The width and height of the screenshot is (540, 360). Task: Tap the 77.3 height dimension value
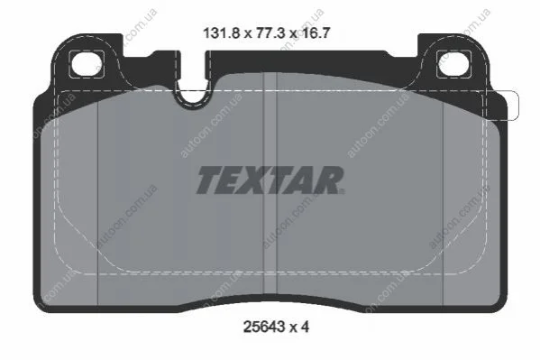click(270, 33)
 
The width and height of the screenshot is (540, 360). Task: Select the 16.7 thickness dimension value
click(316, 33)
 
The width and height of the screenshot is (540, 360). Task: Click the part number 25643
click(264, 327)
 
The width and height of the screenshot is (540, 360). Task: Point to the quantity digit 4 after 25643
click(305, 327)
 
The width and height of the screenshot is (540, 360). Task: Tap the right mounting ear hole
click(453, 64)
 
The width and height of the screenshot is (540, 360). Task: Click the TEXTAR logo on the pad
click(270, 180)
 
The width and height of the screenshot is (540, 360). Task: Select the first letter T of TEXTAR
click(210, 180)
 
